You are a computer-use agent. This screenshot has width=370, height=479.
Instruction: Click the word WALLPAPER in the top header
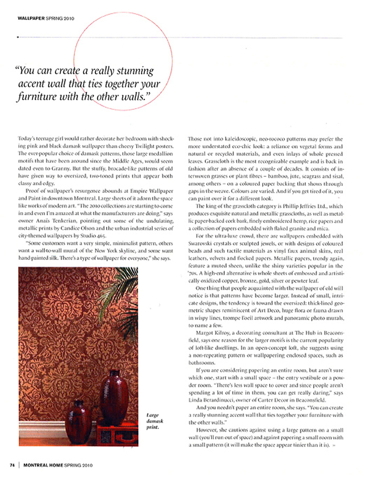coord(31,18)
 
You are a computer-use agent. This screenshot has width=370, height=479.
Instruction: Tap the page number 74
coord(12,465)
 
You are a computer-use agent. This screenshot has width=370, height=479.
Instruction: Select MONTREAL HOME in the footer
coord(43,465)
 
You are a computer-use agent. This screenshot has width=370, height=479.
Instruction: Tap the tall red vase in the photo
coord(114,396)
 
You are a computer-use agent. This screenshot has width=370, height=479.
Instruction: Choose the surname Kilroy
coord(222,333)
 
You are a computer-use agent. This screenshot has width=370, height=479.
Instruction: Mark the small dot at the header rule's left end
coord(18,37)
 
